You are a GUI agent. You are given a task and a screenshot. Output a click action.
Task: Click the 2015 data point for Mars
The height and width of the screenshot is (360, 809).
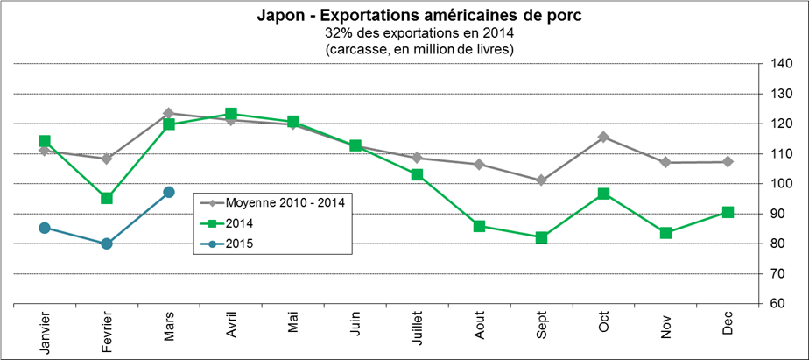click(169, 192)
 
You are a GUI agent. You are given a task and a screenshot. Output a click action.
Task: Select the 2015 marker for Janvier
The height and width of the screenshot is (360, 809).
click(45, 228)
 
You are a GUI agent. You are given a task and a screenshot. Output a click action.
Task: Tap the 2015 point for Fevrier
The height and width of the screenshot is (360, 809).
click(107, 244)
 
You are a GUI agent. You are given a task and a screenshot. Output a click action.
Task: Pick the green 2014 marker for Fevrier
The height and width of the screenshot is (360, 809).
click(107, 198)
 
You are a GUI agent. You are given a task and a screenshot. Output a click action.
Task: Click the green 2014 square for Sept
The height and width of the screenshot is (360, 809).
click(542, 237)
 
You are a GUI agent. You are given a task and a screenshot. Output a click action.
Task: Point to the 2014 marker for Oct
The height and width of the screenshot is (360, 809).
click(604, 194)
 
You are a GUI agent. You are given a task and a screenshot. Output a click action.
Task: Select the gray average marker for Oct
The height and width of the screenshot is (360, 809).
click(604, 137)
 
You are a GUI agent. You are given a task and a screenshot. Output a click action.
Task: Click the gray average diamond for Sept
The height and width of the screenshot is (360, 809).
click(542, 180)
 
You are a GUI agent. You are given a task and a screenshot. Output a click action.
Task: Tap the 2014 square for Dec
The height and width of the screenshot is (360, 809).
click(728, 212)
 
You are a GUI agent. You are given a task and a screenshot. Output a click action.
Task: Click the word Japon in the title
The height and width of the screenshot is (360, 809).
click(278, 16)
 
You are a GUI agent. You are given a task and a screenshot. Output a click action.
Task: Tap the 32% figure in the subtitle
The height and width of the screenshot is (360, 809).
click(338, 32)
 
